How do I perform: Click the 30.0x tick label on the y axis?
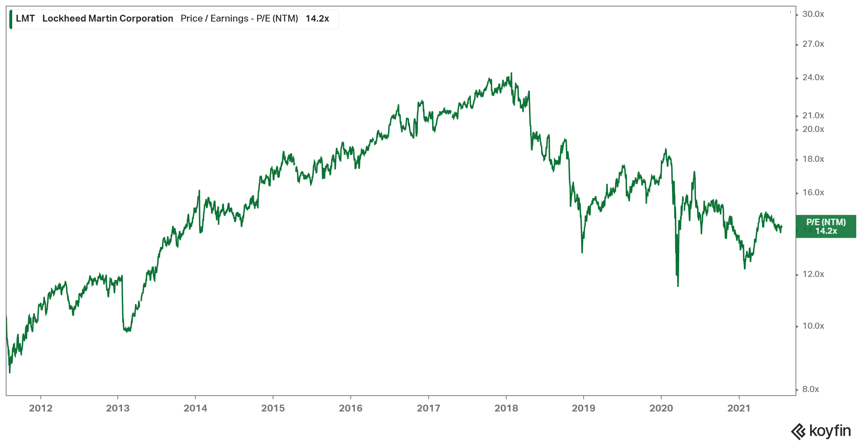813,14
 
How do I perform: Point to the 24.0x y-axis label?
813,77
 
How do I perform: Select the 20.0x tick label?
813,129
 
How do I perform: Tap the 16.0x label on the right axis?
813,192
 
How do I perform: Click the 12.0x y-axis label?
813,274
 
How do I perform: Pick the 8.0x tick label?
811,389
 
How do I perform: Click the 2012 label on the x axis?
41,408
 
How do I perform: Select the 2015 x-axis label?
273,408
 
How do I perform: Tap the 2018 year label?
506,408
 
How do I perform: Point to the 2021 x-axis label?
739,408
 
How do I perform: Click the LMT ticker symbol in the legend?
25,19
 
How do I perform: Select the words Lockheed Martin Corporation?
108,19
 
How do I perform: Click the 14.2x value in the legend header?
317,19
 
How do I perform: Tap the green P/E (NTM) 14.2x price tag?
826,227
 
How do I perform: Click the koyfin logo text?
830,431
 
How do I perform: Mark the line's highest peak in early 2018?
511,73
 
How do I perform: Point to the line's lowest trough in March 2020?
678,286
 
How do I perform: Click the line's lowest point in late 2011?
10,372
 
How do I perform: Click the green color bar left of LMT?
11,19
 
